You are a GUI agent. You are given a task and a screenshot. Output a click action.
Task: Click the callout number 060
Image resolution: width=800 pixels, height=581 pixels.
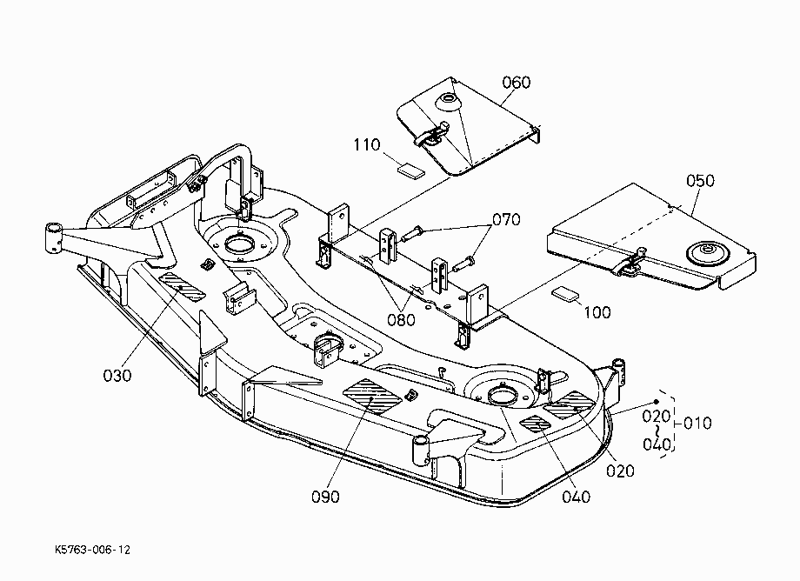click(x=517, y=82)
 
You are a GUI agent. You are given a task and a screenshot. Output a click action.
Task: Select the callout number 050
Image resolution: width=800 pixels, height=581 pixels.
click(x=700, y=181)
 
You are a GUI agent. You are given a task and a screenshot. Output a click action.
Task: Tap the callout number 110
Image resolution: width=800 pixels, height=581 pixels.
click(x=367, y=145)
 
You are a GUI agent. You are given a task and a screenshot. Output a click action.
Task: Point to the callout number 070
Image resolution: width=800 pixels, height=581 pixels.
click(x=506, y=219)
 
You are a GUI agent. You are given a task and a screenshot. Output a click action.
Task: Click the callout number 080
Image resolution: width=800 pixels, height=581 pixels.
click(x=401, y=320)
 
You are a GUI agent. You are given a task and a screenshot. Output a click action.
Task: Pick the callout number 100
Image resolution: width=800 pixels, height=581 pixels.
click(x=597, y=311)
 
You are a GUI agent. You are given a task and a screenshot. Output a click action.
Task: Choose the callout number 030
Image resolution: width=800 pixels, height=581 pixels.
click(x=117, y=376)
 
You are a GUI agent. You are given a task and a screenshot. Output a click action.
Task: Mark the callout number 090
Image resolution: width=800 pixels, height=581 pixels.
click(x=325, y=497)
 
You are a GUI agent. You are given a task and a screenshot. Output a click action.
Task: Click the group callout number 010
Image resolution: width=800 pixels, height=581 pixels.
click(x=697, y=423)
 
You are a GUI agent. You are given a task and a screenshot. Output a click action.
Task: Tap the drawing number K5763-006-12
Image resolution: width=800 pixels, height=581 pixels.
click(x=92, y=550)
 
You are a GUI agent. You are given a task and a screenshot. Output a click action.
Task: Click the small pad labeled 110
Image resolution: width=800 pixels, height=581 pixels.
click(x=410, y=170)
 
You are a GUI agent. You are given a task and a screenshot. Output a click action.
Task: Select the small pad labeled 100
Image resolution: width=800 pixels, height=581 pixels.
click(x=566, y=293)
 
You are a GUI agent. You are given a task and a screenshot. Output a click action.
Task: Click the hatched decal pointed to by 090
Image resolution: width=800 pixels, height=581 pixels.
click(x=372, y=396)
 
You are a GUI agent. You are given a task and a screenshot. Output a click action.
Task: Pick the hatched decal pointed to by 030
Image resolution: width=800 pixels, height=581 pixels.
click(x=182, y=286)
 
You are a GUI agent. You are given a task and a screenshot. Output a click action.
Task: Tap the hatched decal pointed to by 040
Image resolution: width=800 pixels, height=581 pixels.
click(x=535, y=424)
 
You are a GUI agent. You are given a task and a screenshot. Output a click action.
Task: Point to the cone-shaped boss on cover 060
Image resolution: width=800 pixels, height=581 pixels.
click(x=449, y=101)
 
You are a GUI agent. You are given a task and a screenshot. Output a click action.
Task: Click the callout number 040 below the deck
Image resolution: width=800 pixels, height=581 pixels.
click(x=576, y=497)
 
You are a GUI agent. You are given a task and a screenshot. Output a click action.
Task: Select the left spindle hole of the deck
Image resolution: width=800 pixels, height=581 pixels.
click(x=239, y=243)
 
